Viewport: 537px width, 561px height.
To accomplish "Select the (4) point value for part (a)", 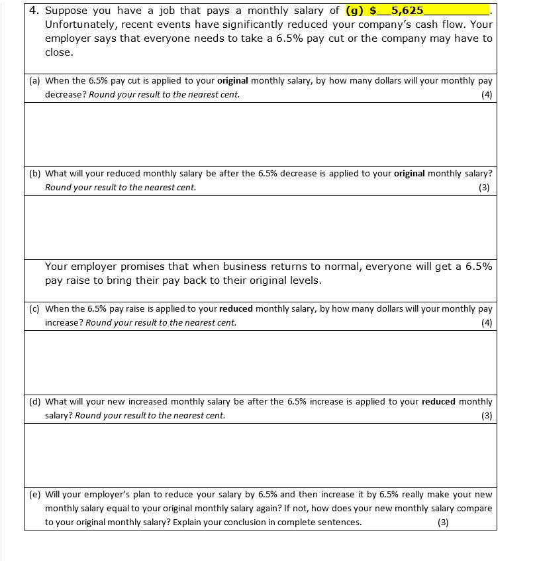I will tap(487, 95).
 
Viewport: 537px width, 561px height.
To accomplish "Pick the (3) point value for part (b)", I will tap(484, 188).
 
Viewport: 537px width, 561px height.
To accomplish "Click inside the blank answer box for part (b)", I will tap(259, 227).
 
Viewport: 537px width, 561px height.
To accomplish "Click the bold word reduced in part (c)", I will tap(236, 308).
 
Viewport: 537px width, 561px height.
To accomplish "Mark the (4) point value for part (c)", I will tap(487, 323).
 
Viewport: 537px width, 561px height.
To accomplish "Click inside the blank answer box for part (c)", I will tap(259, 362).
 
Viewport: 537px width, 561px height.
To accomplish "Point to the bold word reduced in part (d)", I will tap(438, 401).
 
